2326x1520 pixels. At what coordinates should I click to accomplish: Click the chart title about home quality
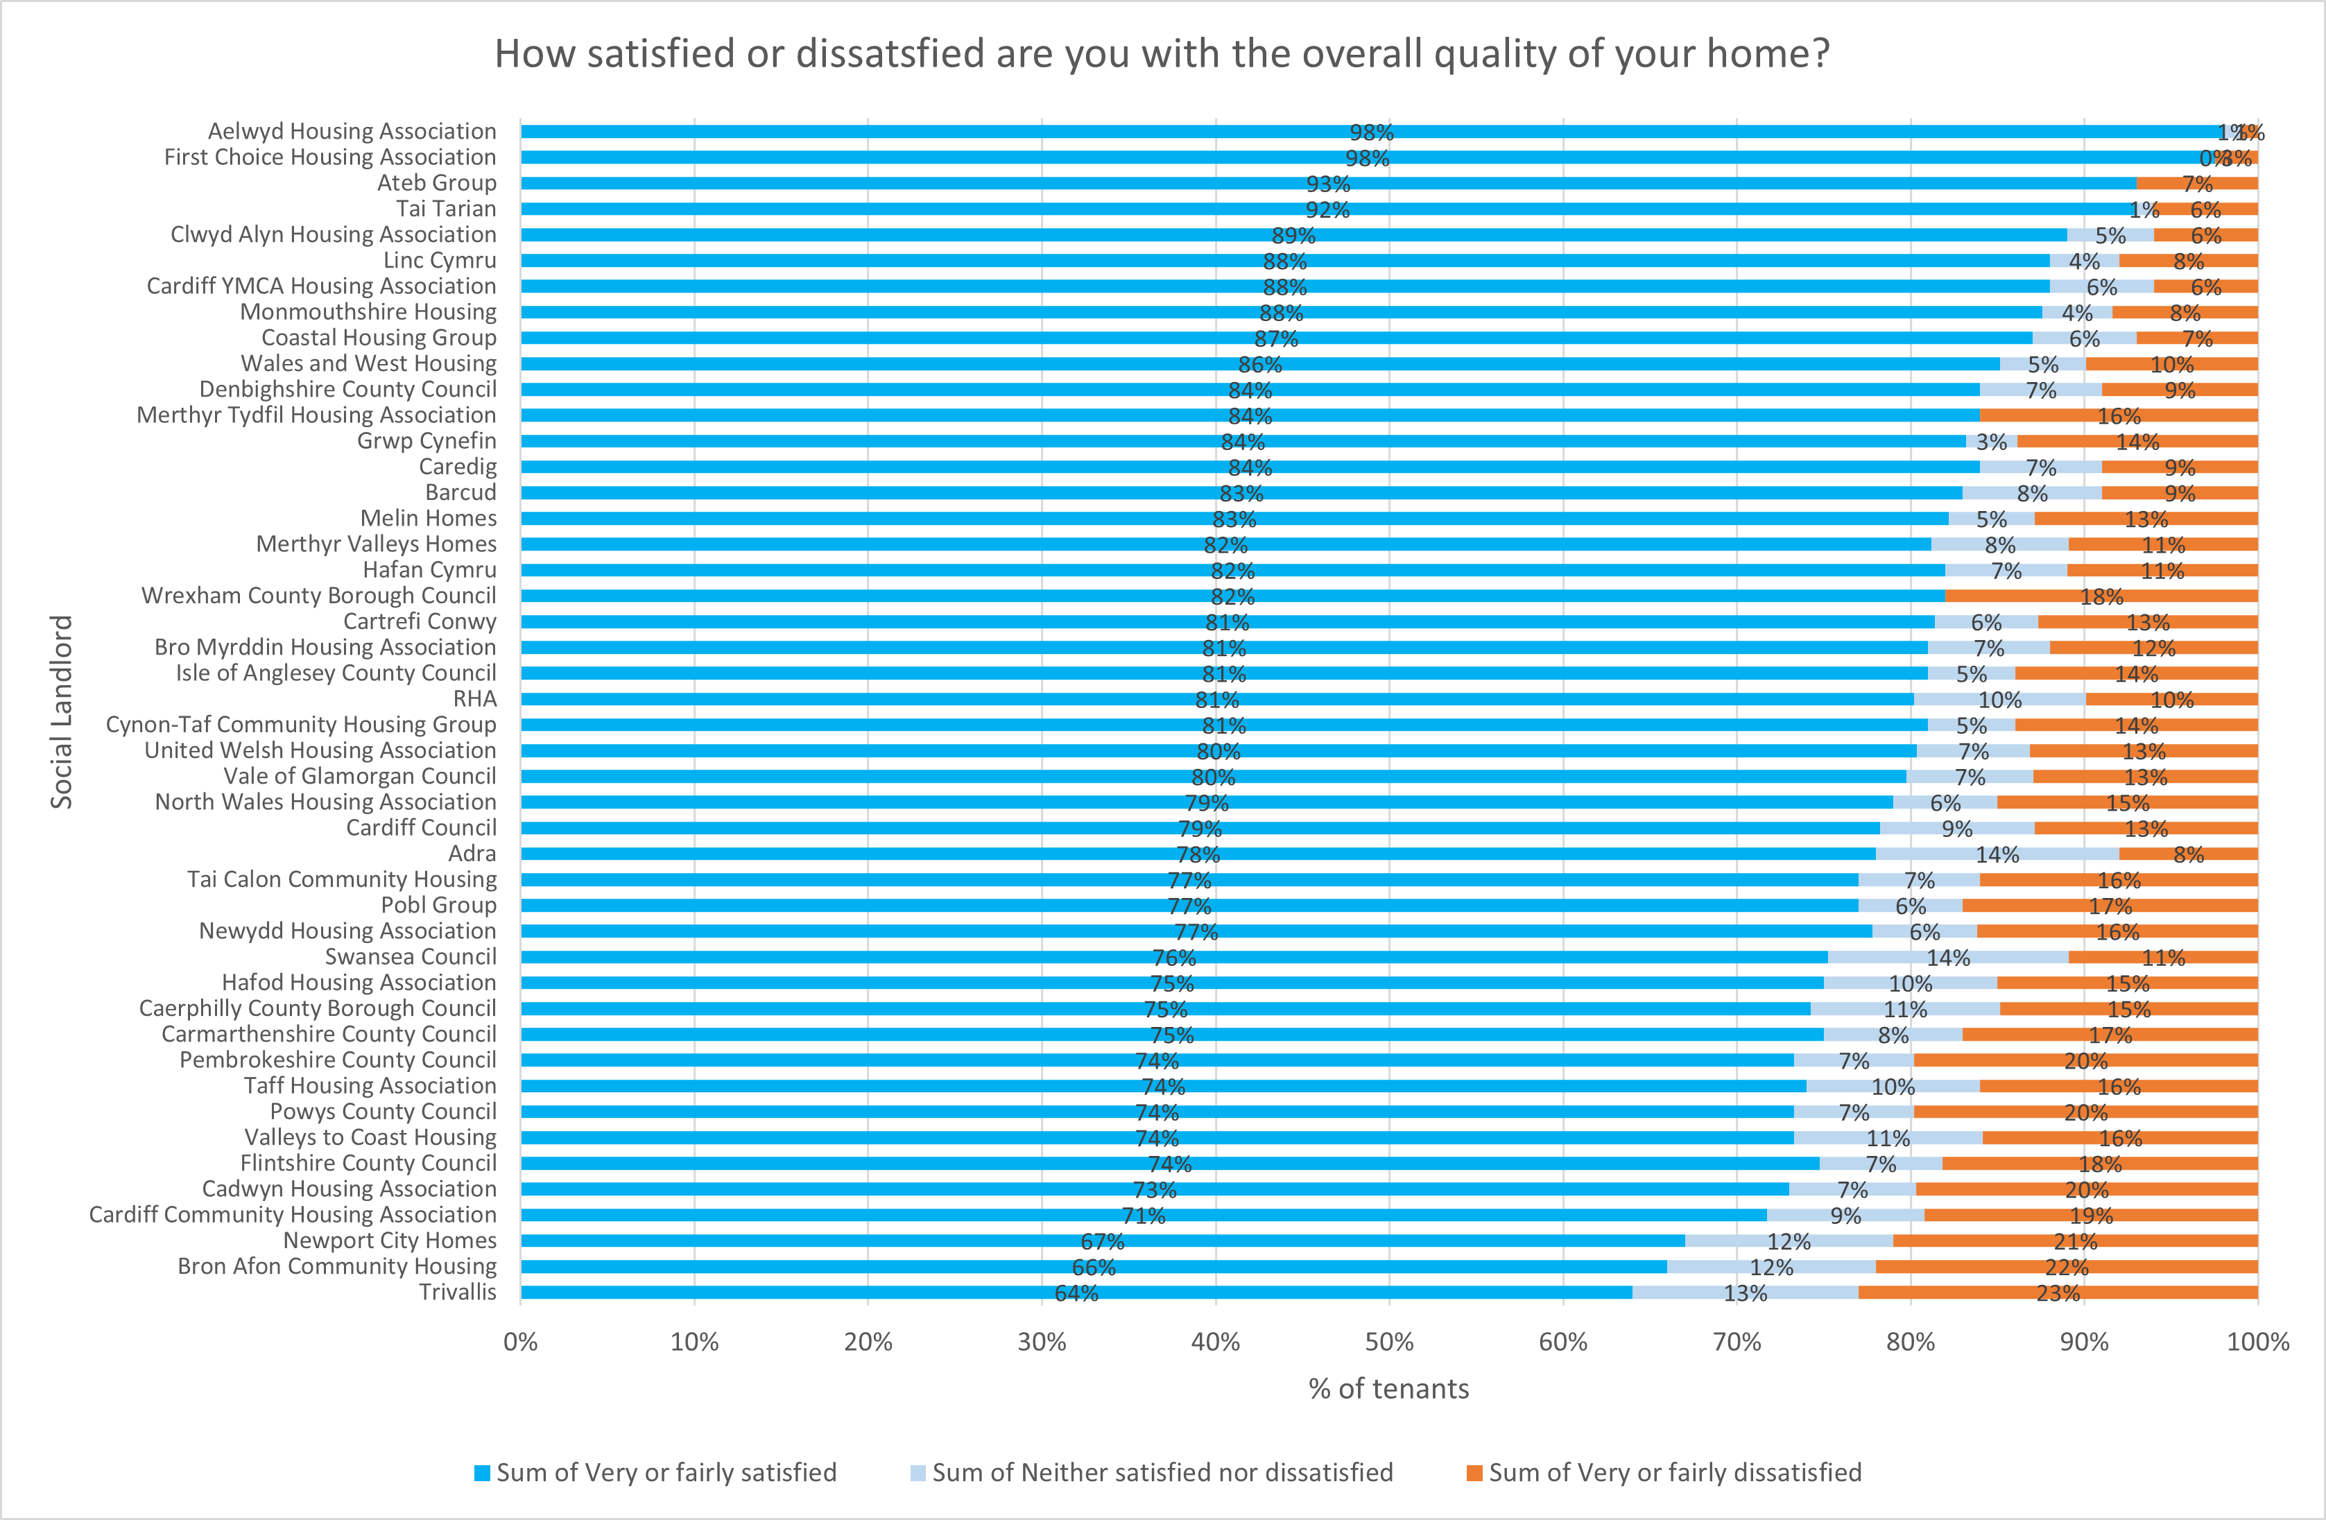point(1161,54)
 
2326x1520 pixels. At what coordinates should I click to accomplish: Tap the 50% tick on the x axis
point(1389,1342)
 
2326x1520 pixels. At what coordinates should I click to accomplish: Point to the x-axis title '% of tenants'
point(1389,1389)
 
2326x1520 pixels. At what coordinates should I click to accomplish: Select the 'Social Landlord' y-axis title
point(62,711)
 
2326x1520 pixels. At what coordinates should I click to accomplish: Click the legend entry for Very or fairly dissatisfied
point(1664,1473)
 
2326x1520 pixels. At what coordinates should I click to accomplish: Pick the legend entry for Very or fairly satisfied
point(656,1473)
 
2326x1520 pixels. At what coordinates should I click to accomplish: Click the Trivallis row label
point(458,1293)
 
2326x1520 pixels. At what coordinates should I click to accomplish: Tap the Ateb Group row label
point(437,183)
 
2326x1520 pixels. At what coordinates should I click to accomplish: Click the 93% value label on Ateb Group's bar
point(1328,184)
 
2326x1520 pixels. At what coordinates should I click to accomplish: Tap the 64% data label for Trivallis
point(1076,1293)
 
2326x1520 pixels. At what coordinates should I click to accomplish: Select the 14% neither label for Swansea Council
point(1948,958)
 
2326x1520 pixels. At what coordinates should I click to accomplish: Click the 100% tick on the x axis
point(2257,1342)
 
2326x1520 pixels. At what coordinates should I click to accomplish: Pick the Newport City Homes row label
point(390,1241)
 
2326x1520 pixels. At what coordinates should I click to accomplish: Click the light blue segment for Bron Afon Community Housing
point(1771,1267)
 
